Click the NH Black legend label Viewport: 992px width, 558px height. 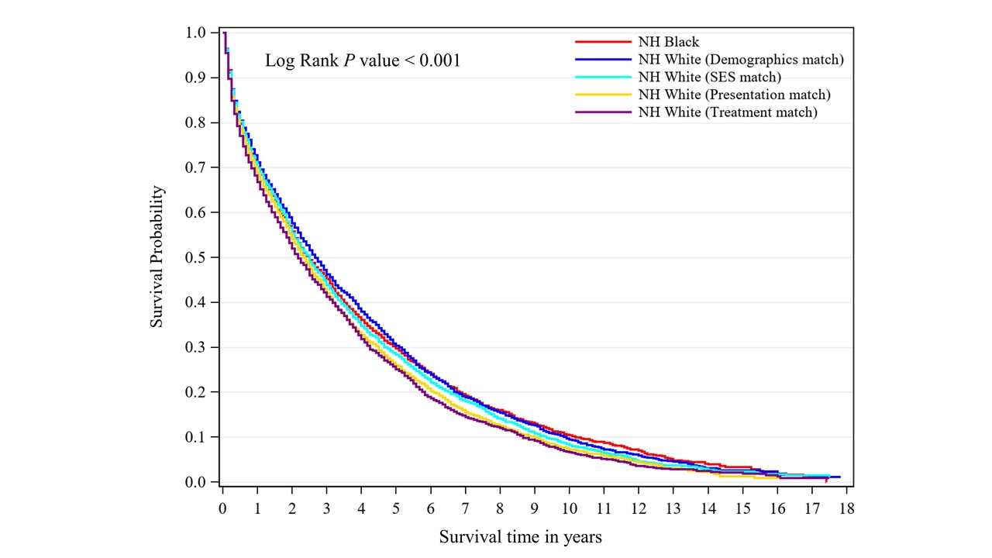[668, 42]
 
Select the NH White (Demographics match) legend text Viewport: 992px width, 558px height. [740, 60]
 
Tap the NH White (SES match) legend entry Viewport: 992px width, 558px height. [709, 77]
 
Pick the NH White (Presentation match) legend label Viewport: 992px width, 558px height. [733, 95]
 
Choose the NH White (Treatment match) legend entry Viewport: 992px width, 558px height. [727, 113]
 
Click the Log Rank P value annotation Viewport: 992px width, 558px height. [363, 60]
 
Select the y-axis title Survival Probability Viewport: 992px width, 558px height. [157, 256]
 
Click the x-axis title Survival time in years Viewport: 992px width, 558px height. [521, 536]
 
